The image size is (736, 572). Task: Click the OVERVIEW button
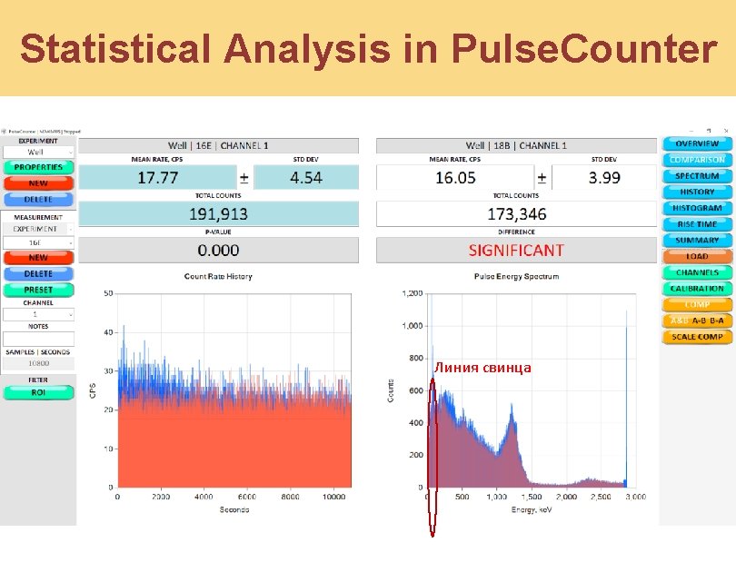697,143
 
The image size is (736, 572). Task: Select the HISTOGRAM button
697,208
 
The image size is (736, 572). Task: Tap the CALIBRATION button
697,289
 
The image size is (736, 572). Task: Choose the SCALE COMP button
697,337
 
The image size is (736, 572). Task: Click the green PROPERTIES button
38,167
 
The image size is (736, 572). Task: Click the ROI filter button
38,393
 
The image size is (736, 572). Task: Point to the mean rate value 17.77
157,178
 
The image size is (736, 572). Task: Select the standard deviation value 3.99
604,178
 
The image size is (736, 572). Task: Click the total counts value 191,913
218,214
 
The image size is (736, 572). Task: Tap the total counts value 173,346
516,214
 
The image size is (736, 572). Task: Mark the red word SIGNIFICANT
516,250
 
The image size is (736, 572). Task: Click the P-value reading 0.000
218,250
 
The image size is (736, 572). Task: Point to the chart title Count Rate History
218,276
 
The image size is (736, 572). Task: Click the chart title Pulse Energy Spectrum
516,276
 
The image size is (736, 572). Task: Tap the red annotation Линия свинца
482,368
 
